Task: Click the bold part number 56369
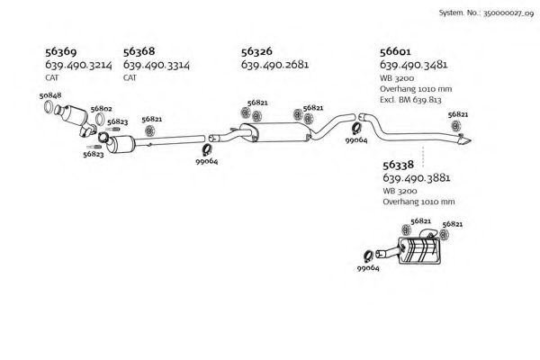(61, 52)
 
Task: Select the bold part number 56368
(139, 52)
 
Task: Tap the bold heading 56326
(259, 52)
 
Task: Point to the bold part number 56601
(397, 52)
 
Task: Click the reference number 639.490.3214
(78, 66)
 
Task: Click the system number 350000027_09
(507, 14)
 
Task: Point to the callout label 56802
(100, 110)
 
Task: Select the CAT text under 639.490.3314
(130, 78)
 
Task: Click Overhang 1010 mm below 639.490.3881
(418, 202)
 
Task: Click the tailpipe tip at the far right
(467, 142)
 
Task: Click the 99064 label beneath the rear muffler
(368, 268)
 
